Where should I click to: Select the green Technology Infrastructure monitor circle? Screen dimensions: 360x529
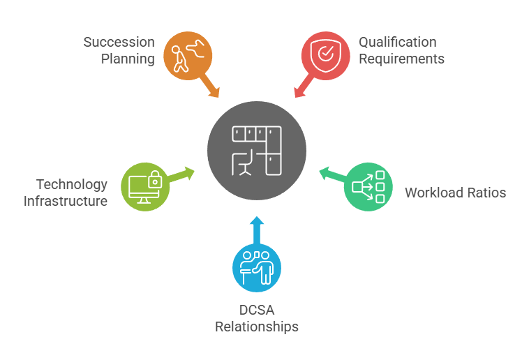(145, 186)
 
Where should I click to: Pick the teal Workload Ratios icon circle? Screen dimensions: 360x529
(370, 186)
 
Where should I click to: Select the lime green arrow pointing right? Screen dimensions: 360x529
(183, 174)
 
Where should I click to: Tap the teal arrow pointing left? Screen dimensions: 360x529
(331, 174)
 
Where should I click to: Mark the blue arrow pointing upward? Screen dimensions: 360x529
(257, 229)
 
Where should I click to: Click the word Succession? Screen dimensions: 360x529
(119, 43)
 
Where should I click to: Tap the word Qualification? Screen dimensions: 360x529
(397, 43)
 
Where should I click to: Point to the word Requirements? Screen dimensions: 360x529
(401, 59)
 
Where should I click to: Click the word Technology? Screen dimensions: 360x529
(72, 185)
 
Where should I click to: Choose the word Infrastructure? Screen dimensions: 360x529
(66, 201)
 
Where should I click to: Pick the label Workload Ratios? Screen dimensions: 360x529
(455, 193)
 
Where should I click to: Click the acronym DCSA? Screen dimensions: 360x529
(257, 310)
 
